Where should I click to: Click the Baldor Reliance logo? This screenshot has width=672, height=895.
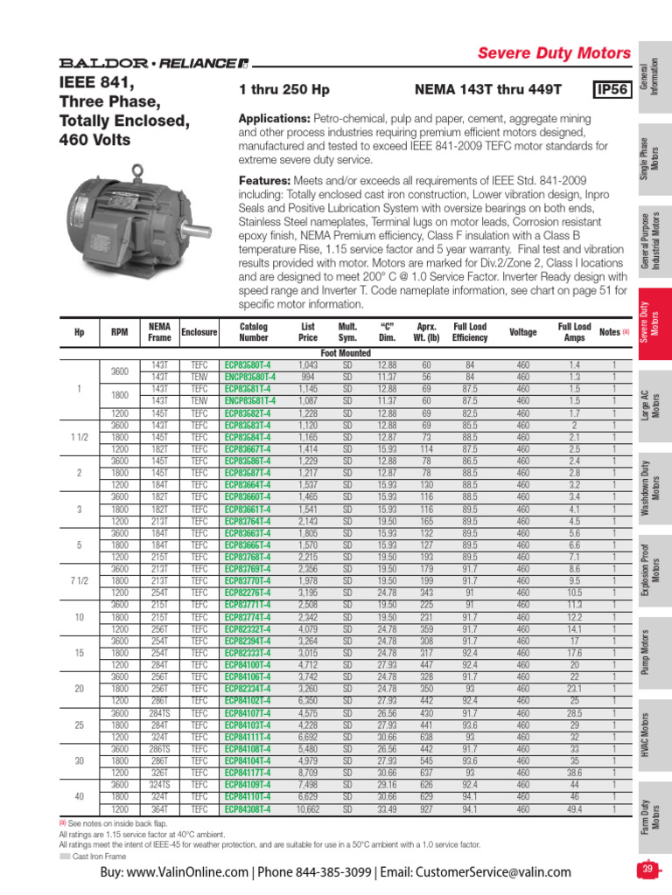pyautogui.click(x=153, y=63)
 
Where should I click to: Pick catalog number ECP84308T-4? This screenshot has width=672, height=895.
pyautogui.click(x=248, y=810)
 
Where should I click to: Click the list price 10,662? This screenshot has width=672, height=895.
pyautogui.click(x=307, y=810)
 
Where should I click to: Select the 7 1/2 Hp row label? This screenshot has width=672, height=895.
pyautogui.click(x=80, y=580)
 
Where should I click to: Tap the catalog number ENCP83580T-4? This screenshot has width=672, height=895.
pyautogui.click(x=249, y=377)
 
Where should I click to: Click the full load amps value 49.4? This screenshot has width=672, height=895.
pyautogui.click(x=574, y=810)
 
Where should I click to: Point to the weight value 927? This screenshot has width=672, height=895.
pyautogui.click(x=427, y=810)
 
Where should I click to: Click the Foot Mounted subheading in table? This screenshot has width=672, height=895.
pyautogui.click(x=346, y=353)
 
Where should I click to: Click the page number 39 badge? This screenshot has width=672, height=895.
pyautogui.click(x=647, y=869)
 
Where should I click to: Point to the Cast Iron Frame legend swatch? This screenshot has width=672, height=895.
pyautogui.click(x=64, y=856)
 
